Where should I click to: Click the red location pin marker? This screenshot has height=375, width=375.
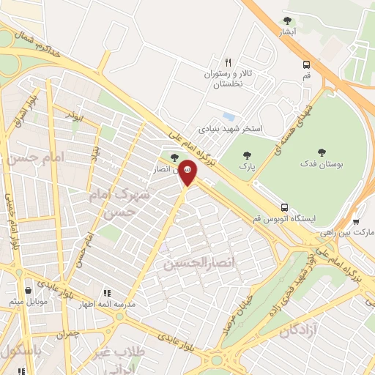187,172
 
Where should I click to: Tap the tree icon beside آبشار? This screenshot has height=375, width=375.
286,21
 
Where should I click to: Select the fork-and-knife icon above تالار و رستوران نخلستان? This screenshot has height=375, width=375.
228,62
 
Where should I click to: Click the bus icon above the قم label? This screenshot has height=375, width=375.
306,64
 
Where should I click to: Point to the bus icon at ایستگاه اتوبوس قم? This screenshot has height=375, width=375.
285,207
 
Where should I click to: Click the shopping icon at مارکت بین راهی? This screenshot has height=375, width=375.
355,220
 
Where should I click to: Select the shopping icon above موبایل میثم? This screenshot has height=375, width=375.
28,289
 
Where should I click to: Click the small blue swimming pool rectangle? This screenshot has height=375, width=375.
229,116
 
